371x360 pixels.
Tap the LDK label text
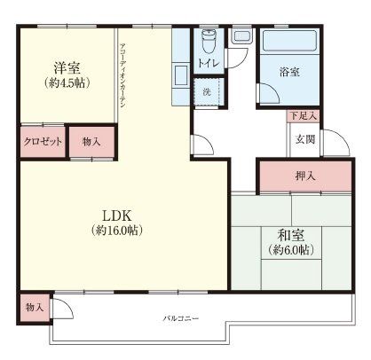coord(116,215)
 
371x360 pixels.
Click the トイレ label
coord(208,64)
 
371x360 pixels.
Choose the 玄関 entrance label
coord(306,140)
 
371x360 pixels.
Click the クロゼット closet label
coord(42,142)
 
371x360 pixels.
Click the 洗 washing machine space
coord(206,92)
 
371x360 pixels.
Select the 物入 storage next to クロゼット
coord(91,142)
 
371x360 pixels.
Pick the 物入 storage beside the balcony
coord(36,307)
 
